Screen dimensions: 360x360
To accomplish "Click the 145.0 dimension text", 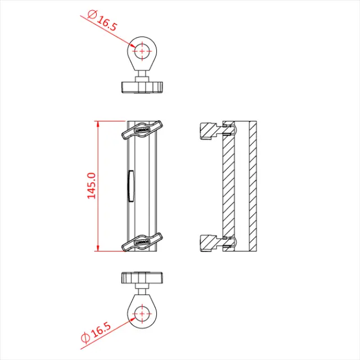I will coord(92,186).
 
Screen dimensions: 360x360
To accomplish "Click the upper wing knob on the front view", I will coord(142,129).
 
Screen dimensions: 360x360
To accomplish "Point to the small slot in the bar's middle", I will coord(130,186).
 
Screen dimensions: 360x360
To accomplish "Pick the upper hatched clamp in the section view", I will coord(210,131).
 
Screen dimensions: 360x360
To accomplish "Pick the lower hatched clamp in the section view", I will coord(210,242).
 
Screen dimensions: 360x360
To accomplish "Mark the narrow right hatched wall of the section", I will coord(253,186).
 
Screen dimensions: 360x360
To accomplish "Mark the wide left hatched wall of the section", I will coord(228,186).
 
